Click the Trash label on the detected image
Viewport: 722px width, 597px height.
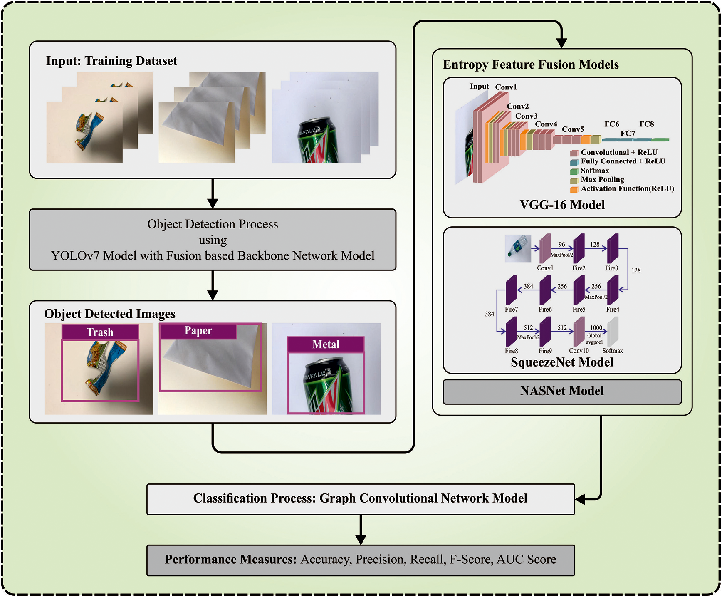point(100,332)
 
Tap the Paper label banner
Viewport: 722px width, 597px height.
point(198,331)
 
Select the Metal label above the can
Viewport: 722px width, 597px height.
point(326,344)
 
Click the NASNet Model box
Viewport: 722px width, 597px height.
point(562,391)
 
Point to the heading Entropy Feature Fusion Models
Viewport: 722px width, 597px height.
point(531,64)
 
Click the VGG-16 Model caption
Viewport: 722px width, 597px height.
point(562,205)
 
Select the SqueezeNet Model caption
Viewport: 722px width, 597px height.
point(562,362)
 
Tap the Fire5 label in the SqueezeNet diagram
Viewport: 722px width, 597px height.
point(579,309)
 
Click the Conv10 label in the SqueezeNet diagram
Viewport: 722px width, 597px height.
point(579,351)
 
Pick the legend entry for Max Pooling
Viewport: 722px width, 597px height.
point(602,179)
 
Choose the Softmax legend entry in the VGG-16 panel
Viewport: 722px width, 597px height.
point(594,171)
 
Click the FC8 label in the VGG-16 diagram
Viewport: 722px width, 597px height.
point(646,124)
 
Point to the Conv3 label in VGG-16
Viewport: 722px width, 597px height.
point(526,116)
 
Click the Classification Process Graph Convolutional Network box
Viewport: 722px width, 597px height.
point(360,498)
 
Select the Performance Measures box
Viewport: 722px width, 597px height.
point(360,560)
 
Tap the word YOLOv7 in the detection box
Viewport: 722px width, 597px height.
point(75,255)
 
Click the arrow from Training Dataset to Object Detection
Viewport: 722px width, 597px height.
point(213,193)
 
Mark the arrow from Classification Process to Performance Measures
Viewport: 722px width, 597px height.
point(361,530)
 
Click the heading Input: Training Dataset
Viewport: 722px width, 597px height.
point(111,61)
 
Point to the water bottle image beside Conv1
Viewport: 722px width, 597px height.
point(518,248)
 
